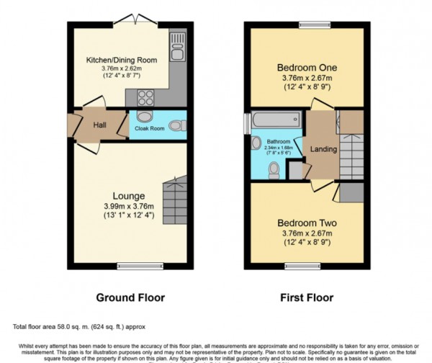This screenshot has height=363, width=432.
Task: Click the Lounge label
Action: tap(129, 195)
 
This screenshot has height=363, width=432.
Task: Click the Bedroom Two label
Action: tap(307, 222)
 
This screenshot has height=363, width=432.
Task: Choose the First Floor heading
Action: tap(307, 297)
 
